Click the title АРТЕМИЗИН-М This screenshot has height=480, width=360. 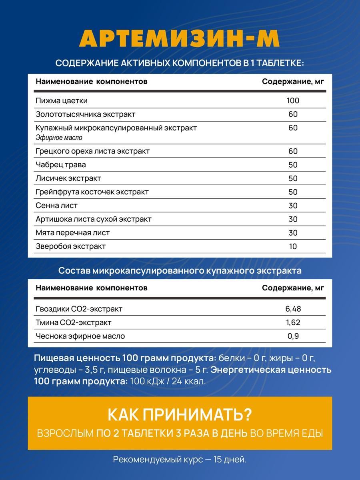pos(180,39)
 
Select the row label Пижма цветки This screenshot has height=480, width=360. pos(62,101)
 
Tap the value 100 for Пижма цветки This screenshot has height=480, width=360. pos(293,100)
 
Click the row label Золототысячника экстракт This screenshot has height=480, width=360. pos(86,114)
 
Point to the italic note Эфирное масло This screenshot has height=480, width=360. pos(59,138)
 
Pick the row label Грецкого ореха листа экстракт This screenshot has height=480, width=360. pos(92,151)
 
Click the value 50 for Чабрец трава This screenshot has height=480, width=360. pos(293,165)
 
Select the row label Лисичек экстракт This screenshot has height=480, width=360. pos(68,178)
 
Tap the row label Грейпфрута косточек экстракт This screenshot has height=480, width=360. pos(92,192)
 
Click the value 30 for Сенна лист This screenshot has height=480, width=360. pos(293,206)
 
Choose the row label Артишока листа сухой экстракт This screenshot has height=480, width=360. pos(94,219)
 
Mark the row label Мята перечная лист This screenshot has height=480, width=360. pos(72,233)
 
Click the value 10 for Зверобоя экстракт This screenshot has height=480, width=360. pos(293,246)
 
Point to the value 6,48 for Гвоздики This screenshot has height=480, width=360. pos(293,309)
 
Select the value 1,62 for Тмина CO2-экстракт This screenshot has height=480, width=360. pos(293,322)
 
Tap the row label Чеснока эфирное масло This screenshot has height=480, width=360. pos(80,336)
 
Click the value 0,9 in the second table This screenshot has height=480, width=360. pos(293,336)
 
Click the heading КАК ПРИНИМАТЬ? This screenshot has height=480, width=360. pos(180,415)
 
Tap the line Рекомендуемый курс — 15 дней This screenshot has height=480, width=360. pos(180,460)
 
